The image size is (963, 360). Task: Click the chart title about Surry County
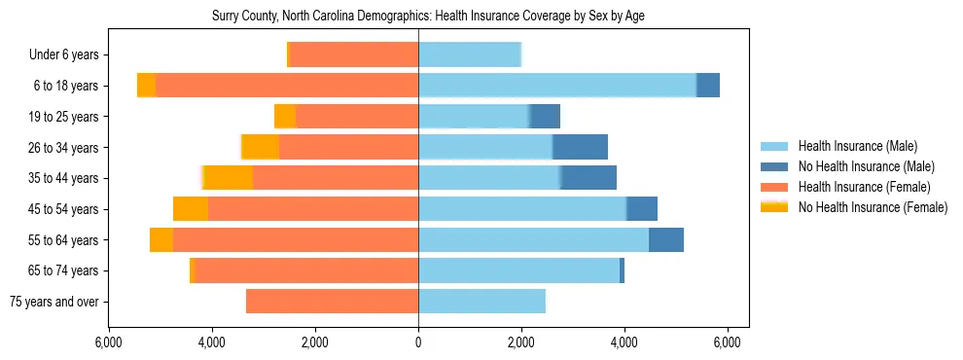(x=428, y=17)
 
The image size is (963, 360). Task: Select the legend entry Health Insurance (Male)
(x=857, y=146)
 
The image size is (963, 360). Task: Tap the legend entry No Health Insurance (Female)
(x=873, y=207)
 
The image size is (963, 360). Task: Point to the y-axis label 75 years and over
(x=54, y=302)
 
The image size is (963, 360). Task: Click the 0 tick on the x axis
(x=418, y=342)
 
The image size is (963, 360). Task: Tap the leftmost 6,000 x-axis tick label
(x=109, y=342)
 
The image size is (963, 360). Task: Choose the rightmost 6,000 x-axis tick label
(x=728, y=342)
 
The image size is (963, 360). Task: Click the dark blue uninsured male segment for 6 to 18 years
(x=708, y=86)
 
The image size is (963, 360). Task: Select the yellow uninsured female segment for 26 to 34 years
(x=261, y=147)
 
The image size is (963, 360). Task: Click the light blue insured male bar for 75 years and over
(x=481, y=302)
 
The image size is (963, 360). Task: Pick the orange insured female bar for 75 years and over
(x=332, y=302)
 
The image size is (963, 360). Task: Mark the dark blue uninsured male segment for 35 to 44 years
(x=588, y=178)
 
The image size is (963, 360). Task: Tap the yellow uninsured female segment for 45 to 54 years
(x=191, y=209)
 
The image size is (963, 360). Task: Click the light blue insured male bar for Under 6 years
(x=470, y=54)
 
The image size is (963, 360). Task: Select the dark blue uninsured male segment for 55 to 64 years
(x=666, y=239)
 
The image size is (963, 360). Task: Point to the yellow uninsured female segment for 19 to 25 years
(x=285, y=117)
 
